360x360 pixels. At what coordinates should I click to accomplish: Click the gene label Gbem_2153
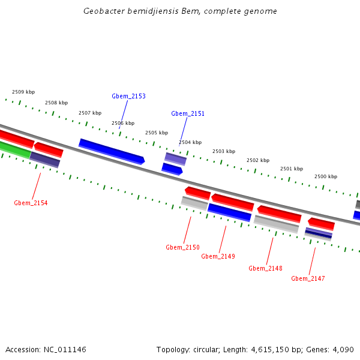click(x=128, y=96)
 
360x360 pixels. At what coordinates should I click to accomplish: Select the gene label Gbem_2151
click(x=188, y=113)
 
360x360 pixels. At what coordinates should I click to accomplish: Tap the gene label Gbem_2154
click(x=31, y=203)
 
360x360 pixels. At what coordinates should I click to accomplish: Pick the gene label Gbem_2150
click(x=182, y=247)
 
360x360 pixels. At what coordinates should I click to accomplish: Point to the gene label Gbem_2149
click(x=218, y=256)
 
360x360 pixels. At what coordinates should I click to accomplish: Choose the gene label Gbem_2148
click(x=265, y=268)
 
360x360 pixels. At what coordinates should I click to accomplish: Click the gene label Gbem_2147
click(x=308, y=278)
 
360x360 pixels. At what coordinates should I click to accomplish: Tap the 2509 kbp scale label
click(x=23, y=92)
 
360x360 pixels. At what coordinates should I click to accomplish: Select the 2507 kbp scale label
click(x=90, y=113)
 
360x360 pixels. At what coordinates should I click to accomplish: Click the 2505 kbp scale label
click(x=157, y=133)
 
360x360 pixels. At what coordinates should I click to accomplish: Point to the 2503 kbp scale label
click(x=224, y=151)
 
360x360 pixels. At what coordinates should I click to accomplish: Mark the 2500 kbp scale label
click(x=326, y=176)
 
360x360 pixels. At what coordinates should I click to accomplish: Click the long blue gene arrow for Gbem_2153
click(x=112, y=151)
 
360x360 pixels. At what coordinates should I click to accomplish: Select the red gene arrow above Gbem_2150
click(x=197, y=193)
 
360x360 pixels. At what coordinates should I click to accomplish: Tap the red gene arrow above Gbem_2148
click(x=279, y=213)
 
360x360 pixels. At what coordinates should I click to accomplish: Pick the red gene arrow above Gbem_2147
click(x=321, y=223)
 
